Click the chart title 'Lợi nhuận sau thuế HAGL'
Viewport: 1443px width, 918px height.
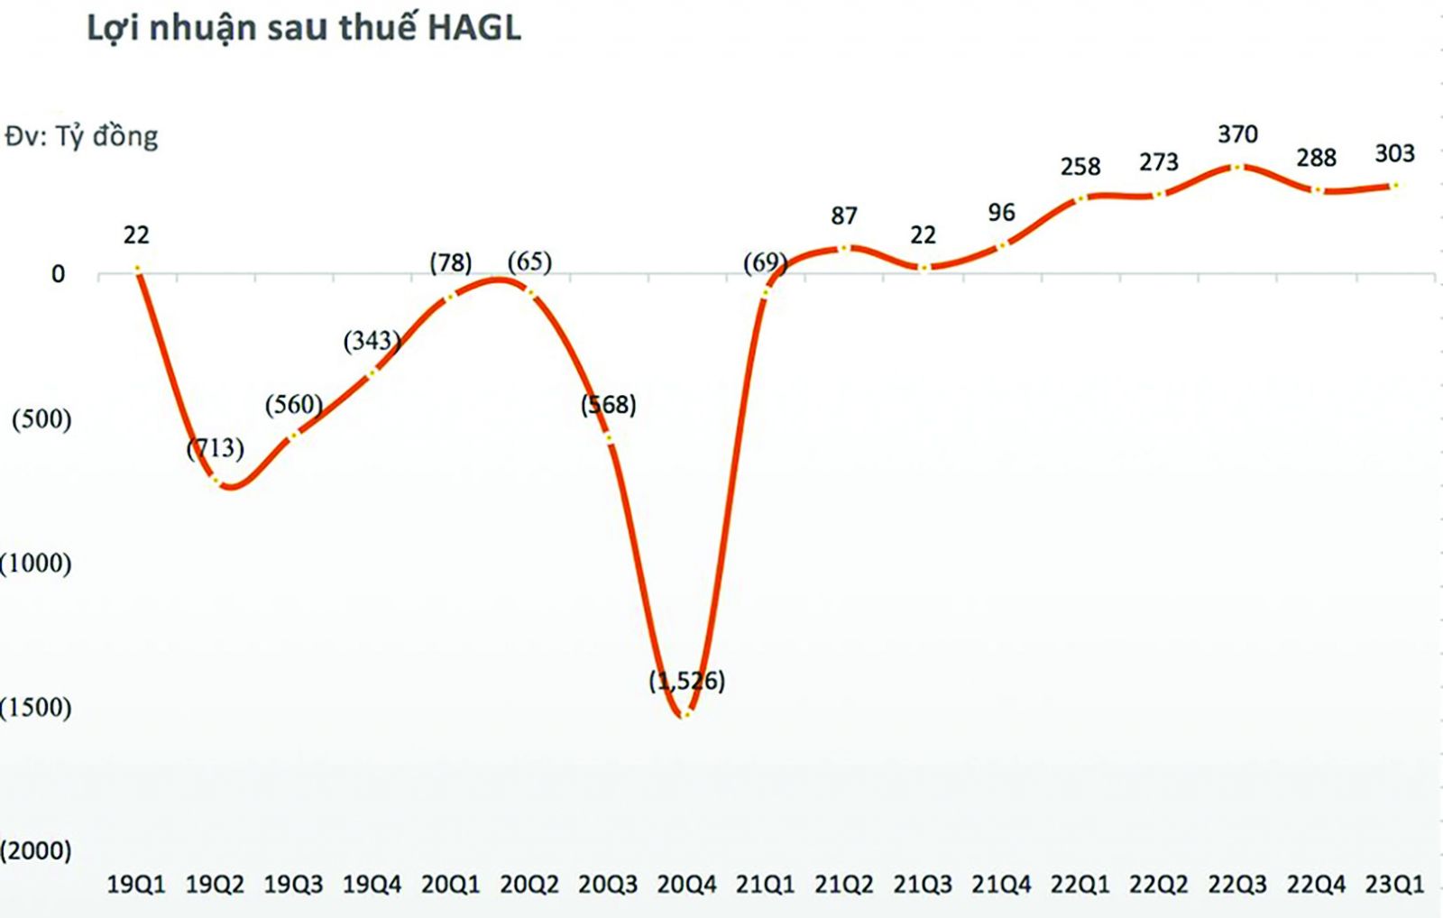pyautogui.click(x=304, y=29)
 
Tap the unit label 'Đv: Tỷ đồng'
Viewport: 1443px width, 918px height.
pyautogui.click(x=81, y=137)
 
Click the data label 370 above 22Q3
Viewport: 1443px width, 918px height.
pyautogui.click(x=1237, y=134)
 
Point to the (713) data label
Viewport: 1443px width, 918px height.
pyautogui.click(x=215, y=448)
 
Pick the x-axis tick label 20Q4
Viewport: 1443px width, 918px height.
pyautogui.click(x=686, y=885)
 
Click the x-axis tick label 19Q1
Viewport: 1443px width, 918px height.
pyautogui.click(x=136, y=885)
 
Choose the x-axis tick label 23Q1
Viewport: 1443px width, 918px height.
pyautogui.click(x=1394, y=885)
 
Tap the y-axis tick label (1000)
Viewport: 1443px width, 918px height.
pyautogui.click(x=36, y=564)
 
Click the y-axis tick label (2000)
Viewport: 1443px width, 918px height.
pyautogui.click(x=36, y=850)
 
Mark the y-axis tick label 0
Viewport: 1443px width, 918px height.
pyautogui.click(x=58, y=274)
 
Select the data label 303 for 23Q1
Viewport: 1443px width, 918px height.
pyautogui.click(x=1394, y=154)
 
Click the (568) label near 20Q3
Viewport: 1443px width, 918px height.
pyautogui.click(x=609, y=405)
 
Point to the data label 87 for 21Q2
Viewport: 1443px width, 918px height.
pyautogui.click(x=843, y=216)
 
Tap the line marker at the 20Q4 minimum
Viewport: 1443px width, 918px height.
pyautogui.click(x=685, y=714)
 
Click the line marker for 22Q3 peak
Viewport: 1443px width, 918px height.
pyautogui.click(x=1237, y=167)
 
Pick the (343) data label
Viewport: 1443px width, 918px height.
pyautogui.click(x=372, y=341)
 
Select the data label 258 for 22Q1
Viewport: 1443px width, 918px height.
pyautogui.click(x=1080, y=167)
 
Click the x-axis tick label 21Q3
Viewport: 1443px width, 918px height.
pyautogui.click(x=923, y=885)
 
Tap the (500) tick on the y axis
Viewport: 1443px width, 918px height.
pyautogui.click(x=41, y=419)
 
